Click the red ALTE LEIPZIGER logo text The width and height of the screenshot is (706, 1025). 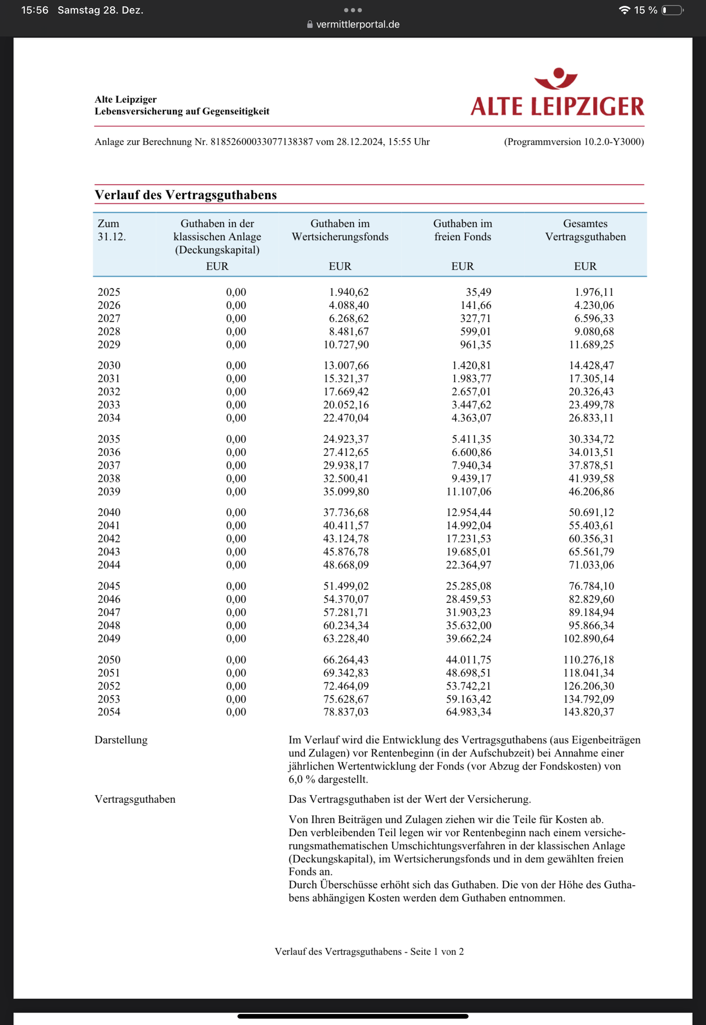(557, 106)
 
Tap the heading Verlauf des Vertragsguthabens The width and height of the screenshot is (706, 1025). (185, 195)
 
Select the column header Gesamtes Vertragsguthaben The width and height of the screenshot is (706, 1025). (585, 230)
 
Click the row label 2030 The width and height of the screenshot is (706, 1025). (109, 366)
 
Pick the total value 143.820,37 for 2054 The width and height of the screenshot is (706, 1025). (588, 712)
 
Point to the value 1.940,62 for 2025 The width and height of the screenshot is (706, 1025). (349, 292)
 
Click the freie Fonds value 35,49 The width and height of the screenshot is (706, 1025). (478, 292)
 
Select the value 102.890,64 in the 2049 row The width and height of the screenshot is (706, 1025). (588, 638)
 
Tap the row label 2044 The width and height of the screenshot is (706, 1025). (109, 565)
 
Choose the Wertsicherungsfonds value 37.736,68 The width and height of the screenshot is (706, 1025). (345, 512)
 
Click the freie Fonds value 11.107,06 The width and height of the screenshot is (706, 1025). (469, 491)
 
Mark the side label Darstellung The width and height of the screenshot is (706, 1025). (121, 740)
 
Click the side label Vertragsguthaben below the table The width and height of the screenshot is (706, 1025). (135, 799)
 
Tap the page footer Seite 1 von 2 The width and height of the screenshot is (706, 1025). (437, 952)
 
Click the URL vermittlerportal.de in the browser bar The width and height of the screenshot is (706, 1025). (357, 24)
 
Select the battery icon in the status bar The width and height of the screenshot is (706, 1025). (672, 10)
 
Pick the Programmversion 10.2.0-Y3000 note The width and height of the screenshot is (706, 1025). (574, 141)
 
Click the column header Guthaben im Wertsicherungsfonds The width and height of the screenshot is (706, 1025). (340, 230)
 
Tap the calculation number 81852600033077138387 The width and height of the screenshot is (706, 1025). (262, 141)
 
